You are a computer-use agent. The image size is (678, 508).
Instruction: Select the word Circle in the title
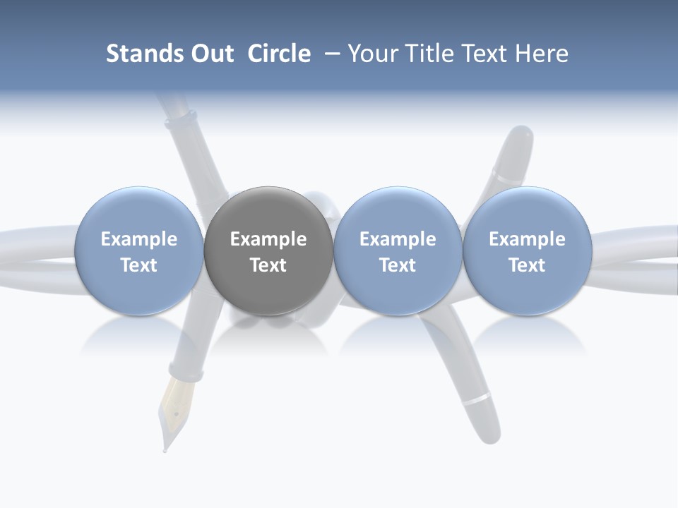pyautogui.click(x=279, y=54)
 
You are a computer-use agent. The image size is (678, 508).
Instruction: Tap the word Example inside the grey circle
pyautogui.click(x=268, y=239)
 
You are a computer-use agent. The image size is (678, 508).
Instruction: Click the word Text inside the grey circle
pyautogui.click(x=268, y=265)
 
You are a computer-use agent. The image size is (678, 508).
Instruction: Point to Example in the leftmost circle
pyautogui.click(x=138, y=239)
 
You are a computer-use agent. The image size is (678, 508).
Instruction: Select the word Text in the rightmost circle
pyautogui.click(x=527, y=265)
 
